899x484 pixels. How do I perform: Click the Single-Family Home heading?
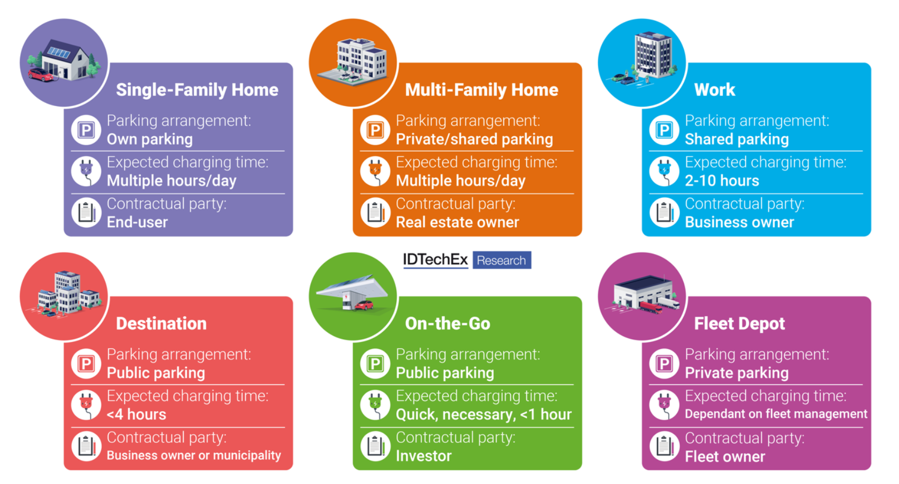point(197,90)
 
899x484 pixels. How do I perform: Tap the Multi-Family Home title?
point(481,90)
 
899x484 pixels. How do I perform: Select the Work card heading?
point(715,90)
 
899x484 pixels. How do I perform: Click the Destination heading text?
point(161,323)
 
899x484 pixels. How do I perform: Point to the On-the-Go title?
point(448,323)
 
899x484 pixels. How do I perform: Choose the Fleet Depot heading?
point(739,323)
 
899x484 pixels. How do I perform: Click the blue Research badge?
point(502,260)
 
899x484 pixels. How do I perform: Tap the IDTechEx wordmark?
point(435,260)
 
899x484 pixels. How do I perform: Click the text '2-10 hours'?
point(722,181)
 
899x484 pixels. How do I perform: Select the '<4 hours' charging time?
point(137,414)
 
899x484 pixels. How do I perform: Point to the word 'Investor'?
point(424,456)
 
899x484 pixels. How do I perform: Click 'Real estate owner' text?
point(457,222)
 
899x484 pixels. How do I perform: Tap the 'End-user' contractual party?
point(137,222)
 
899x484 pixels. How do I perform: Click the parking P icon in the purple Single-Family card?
point(86,130)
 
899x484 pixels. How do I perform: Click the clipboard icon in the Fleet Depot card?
point(664,446)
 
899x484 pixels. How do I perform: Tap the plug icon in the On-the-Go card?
point(375,405)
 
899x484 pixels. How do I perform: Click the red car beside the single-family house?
point(41,75)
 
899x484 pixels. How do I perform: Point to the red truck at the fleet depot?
point(651,307)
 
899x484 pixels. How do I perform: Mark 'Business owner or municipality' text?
point(194,456)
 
